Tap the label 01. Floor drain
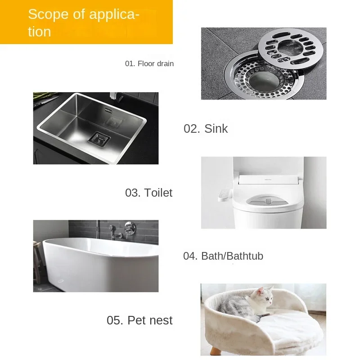(149, 63)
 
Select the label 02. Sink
(206, 129)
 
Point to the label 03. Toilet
(148, 193)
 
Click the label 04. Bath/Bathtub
(223, 256)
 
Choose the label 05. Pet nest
(139, 320)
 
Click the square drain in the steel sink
(99, 139)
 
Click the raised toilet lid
(269, 180)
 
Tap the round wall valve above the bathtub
(130, 228)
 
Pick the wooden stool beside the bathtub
(38, 262)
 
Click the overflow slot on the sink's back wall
(108, 110)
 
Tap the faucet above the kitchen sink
(116, 96)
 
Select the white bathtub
(100, 265)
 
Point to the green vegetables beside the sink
(45, 96)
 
